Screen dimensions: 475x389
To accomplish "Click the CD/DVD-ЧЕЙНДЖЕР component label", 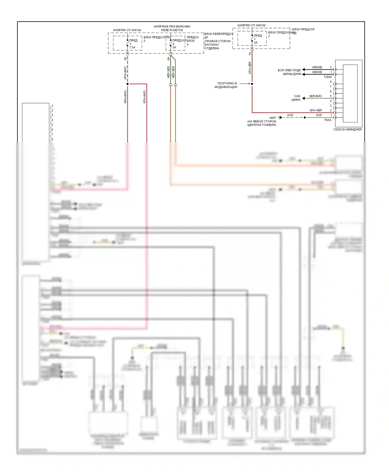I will (x=348, y=129).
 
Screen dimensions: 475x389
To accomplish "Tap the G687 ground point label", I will (x=273, y=118).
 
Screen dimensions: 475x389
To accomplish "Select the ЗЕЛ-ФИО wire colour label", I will (x=315, y=96).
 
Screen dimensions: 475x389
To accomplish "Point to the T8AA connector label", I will (x=328, y=120).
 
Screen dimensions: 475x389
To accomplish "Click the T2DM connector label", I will (x=328, y=77).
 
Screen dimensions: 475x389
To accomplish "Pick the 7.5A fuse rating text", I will (x=132, y=48).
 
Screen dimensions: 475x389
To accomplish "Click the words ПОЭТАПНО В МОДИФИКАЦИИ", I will (x=226, y=85).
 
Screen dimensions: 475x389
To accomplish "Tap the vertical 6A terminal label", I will (x=168, y=59).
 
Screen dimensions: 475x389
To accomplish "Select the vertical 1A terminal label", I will (x=250, y=54).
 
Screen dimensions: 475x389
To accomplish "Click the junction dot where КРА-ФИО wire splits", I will (x=128, y=84).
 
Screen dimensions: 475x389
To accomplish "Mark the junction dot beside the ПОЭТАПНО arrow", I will (x=252, y=84).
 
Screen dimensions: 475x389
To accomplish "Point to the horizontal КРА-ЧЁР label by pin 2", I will (x=316, y=110).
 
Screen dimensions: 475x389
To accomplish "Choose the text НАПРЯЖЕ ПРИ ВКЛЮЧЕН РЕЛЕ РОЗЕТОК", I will (x=172, y=28).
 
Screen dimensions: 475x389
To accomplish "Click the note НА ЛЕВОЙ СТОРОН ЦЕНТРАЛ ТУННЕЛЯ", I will (x=262, y=123).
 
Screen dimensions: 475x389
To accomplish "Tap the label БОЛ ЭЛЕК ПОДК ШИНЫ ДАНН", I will (x=289, y=72).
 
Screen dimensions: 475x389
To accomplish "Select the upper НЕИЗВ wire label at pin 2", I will (x=317, y=67).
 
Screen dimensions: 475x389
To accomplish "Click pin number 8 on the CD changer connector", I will (x=331, y=82).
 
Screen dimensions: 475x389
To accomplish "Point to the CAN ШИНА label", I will (x=296, y=98).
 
